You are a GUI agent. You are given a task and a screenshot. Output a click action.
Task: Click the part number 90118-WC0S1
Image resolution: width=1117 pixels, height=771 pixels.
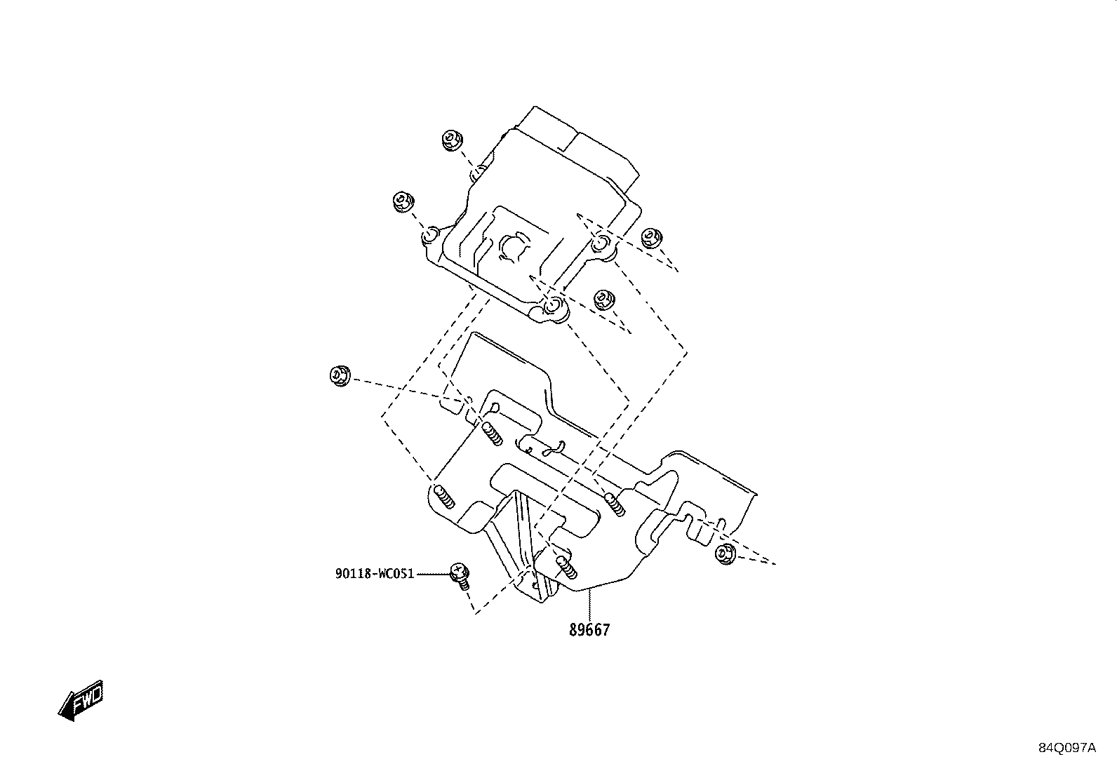pos(375,574)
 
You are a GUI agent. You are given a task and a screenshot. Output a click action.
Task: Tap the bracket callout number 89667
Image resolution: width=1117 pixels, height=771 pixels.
pos(589,631)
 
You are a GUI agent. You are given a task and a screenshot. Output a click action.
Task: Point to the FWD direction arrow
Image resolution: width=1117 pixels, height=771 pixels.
pos(81,700)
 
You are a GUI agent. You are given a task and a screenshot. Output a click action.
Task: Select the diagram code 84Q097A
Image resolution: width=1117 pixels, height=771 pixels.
pos(1067,748)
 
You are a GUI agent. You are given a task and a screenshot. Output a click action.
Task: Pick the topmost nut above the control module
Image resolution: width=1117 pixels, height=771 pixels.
pos(453,140)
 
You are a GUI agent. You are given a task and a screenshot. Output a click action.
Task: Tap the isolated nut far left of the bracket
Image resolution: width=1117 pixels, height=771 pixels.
pos(340,375)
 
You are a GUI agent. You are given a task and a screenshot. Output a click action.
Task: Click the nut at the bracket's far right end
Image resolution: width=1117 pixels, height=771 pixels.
pos(725,554)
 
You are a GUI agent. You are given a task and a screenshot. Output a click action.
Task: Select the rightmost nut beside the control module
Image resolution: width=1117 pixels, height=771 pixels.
pos(651,238)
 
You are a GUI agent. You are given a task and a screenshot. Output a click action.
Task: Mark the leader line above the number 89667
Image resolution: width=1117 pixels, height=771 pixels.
pos(589,605)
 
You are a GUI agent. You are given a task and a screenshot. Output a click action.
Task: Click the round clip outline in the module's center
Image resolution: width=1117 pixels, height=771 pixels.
pos(514,248)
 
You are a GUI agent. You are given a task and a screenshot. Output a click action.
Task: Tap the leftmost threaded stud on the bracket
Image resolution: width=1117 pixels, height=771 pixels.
pos(444,497)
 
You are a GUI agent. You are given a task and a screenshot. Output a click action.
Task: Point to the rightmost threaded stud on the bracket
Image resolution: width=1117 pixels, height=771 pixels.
pos(615,504)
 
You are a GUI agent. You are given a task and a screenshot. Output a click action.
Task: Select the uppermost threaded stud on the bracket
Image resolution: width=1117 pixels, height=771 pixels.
pos(493,433)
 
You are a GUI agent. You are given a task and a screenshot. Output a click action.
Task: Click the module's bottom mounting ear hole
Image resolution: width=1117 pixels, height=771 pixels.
pos(553,304)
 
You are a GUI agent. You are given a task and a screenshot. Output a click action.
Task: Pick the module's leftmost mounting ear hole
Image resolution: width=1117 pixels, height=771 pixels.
pos(430,235)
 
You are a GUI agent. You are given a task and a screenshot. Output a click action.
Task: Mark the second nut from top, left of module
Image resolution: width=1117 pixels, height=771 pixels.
pos(403,201)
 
